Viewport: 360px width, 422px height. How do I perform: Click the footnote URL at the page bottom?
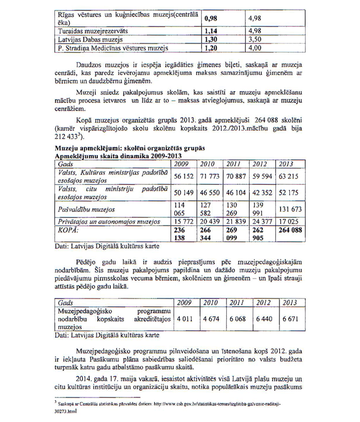point(189,403)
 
